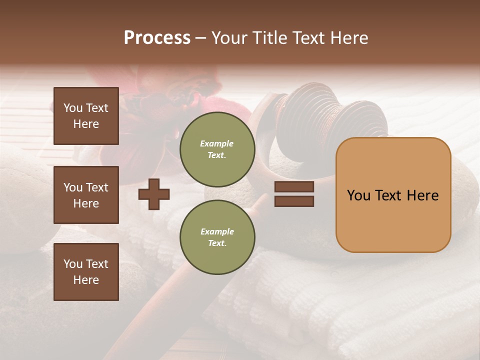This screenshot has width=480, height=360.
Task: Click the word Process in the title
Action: (x=157, y=38)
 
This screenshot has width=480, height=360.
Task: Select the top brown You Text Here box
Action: (x=86, y=116)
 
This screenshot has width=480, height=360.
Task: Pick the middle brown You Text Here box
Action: (x=86, y=195)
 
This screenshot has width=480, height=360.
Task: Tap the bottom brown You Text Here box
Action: (x=86, y=272)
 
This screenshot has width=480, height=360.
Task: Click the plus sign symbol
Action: (x=154, y=194)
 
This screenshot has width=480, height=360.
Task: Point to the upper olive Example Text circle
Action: (x=217, y=149)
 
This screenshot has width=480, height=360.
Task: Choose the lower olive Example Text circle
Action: (x=217, y=237)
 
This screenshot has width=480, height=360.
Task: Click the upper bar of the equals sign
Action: (x=294, y=187)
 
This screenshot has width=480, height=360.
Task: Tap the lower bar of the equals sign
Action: (x=294, y=201)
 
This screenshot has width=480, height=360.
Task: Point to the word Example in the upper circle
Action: (x=217, y=144)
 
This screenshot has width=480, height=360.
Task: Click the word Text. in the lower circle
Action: (x=217, y=243)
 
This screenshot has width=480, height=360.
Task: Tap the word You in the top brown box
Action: (x=73, y=108)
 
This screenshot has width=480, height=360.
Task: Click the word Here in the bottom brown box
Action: (x=86, y=280)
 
